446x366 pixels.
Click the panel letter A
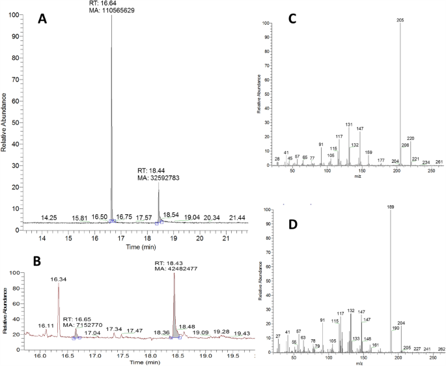pyautogui.click(x=42, y=20)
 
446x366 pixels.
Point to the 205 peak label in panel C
pyautogui.click(x=400, y=20)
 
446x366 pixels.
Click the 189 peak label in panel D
pyautogui.click(x=391, y=207)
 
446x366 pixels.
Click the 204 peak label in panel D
pyautogui.click(x=401, y=323)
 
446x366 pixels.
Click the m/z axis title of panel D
pyautogui.click(x=357, y=363)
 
